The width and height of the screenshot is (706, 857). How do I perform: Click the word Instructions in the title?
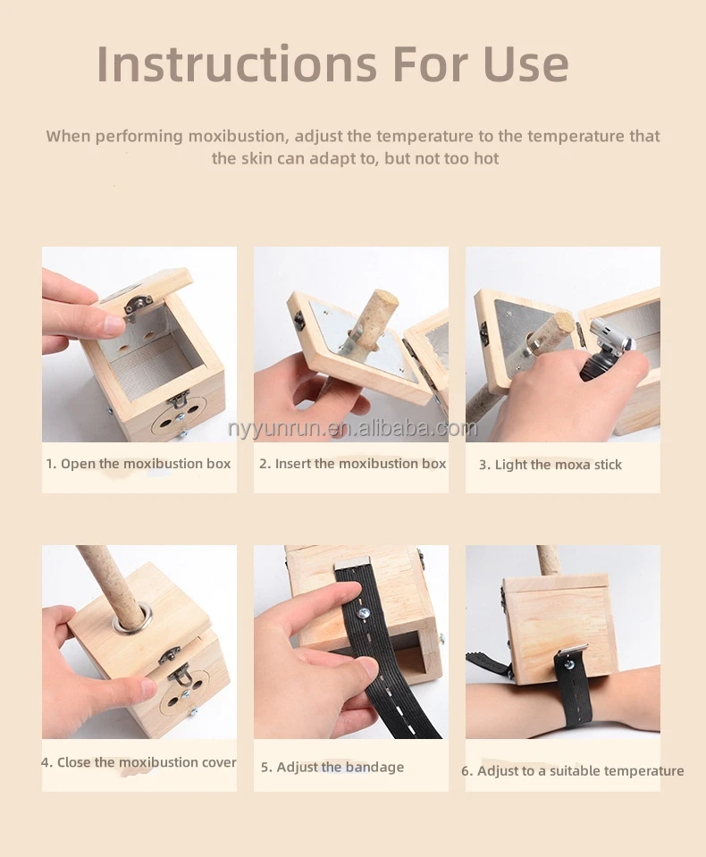coord(237,64)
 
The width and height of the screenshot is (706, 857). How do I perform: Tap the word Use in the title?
coord(525,64)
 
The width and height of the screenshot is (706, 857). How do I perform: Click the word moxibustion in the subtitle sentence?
coord(238,136)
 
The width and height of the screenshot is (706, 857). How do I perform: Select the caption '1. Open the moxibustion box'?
coord(139,464)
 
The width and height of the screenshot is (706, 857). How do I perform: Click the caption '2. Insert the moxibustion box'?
coord(352,464)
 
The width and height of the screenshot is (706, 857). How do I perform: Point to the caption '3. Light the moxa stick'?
coord(551,465)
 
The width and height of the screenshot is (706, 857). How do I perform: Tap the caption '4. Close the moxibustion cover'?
coord(139,762)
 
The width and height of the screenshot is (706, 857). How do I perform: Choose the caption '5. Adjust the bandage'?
coord(332,767)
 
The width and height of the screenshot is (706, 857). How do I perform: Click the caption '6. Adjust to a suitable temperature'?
coord(572,770)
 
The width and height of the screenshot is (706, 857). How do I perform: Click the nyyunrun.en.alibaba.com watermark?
coord(352,429)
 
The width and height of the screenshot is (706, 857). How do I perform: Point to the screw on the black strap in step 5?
coord(362,613)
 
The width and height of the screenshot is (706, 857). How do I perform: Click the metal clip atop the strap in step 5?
coord(352,564)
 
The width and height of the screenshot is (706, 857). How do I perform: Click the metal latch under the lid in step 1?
coord(138,305)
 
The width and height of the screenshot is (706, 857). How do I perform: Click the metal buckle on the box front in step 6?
coord(572,653)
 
